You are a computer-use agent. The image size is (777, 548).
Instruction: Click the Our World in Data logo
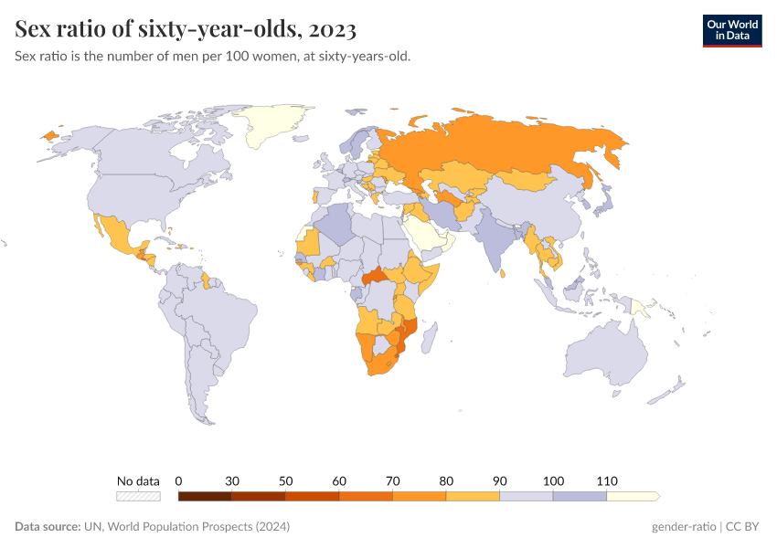click(731, 29)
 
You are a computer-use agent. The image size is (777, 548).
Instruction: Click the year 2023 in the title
click(333, 29)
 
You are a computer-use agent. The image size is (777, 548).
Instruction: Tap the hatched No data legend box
click(138, 496)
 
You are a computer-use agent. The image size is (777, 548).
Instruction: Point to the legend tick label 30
click(232, 480)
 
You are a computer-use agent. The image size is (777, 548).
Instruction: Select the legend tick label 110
click(607, 480)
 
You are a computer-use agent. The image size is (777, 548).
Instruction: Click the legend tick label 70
click(393, 480)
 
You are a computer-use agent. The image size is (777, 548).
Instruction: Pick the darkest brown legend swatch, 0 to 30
click(205, 496)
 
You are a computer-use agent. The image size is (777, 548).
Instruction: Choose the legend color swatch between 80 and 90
click(473, 496)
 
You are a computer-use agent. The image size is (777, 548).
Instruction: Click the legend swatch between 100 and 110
click(580, 496)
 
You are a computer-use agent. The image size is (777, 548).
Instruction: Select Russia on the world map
click(512, 146)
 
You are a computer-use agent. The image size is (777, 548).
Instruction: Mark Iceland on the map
click(49, 135)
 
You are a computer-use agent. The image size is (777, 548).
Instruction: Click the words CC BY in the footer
click(744, 527)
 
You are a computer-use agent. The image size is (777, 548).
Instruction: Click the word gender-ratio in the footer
click(684, 527)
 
